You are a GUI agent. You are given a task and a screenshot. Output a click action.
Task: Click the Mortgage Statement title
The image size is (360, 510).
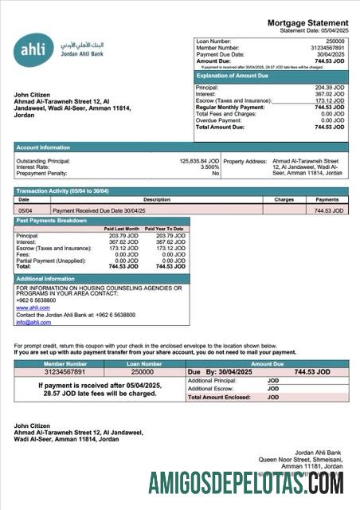307,22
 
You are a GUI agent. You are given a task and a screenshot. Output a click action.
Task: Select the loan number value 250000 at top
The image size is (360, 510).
335,40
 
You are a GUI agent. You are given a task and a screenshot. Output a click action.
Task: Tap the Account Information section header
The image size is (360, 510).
43,147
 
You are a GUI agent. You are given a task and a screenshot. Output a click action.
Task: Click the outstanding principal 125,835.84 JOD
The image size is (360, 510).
199,161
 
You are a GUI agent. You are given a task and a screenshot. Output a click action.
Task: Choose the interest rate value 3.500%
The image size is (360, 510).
209,167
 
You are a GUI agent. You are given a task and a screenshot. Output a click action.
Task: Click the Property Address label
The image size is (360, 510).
246,161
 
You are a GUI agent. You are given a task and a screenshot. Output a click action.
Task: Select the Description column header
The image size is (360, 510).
156,200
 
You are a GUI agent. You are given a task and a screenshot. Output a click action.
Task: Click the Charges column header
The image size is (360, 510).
284,200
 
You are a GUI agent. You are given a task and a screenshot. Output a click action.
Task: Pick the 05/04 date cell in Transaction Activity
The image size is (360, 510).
25,210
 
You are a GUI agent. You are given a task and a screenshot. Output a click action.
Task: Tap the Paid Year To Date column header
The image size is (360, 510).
164,229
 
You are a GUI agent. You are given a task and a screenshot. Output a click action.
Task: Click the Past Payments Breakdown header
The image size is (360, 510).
52,220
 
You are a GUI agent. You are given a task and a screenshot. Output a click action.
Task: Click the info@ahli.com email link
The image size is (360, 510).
33,322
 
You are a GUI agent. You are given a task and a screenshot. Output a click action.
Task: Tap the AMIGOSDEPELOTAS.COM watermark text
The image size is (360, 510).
246,483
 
